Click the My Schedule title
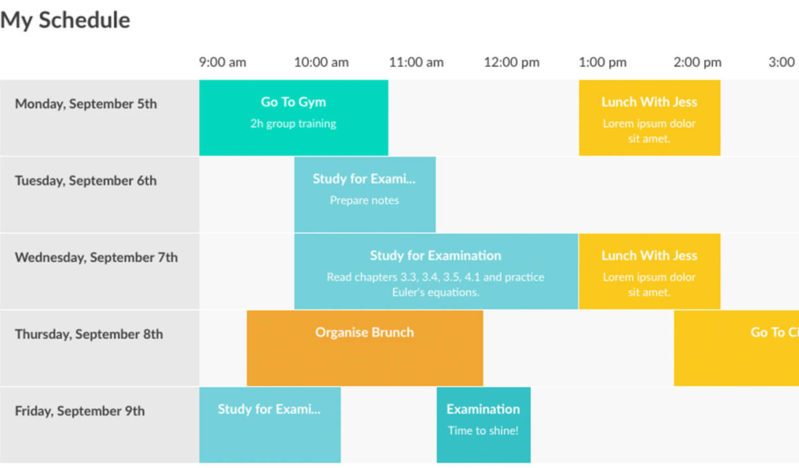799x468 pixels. point(65,20)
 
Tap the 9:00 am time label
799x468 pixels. point(223,62)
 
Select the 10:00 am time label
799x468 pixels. point(321,62)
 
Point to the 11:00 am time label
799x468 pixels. point(416,62)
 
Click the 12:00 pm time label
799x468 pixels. point(511,62)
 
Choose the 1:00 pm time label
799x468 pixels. point(602,62)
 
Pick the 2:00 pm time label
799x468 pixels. point(698,62)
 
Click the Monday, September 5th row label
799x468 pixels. point(86,104)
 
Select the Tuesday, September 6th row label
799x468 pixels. point(86,180)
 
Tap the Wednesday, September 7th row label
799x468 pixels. point(96,257)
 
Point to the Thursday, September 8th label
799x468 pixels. point(89,334)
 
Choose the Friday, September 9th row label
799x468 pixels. point(80,411)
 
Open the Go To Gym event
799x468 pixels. point(294,117)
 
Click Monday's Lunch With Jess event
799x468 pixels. point(650,117)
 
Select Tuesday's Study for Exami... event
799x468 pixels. point(365,195)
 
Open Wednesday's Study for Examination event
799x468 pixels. point(436,271)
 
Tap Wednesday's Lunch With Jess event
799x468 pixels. point(650,271)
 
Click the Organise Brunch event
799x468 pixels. point(365,348)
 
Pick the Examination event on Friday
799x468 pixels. point(483,425)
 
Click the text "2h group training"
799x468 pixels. point(293,124)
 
